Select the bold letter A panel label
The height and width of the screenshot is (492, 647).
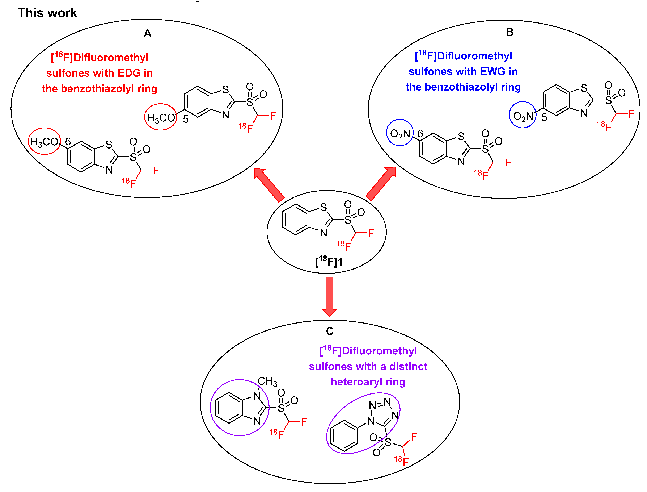coord(148,33)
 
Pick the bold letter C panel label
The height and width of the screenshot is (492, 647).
coord(330,331)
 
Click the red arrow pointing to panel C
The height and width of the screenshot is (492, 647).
coord(329,296)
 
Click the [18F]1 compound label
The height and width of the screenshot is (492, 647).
coord(328,262)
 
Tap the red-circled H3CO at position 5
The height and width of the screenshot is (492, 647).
coord(161,118)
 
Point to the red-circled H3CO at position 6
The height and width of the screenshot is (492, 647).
coord(44,142)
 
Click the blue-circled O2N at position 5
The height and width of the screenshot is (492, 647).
coord(523,116)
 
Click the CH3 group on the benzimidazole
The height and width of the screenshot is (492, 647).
coord(267,381)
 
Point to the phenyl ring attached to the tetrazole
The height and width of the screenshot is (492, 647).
coord(344,436)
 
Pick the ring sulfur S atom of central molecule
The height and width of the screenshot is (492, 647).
coord(323,207)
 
